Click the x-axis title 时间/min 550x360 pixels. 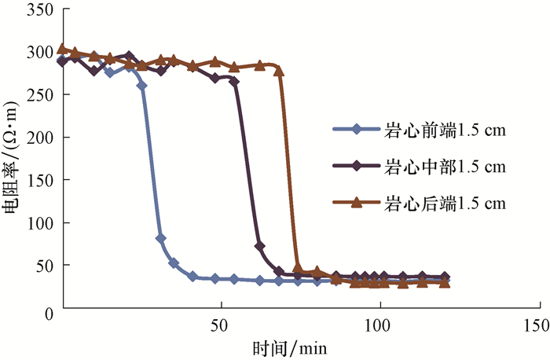(x=290, y=347)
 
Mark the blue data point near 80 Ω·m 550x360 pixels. (x=161, y=238)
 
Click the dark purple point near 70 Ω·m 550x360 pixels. (x=260, y=247)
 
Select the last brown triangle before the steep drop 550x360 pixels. (x=279, y=71)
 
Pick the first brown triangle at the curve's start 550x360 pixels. (x=63, y=49)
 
